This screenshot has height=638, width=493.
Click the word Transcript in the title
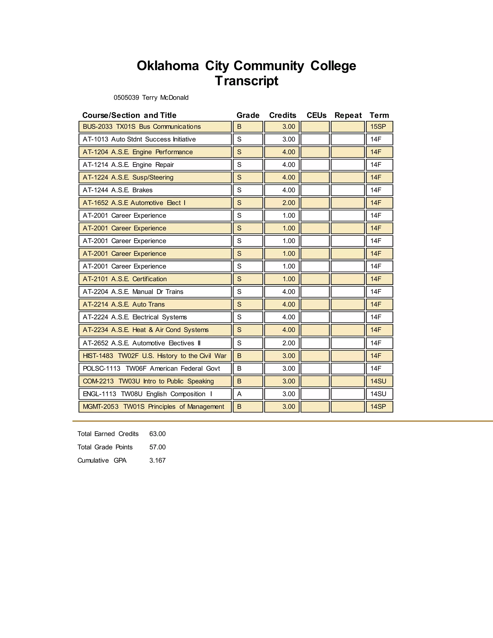point(246,81)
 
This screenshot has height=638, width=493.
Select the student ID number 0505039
point(126,98)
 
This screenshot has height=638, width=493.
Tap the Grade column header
point(248,115)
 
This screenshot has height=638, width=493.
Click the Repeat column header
point(348,115)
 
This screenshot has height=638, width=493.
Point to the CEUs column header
point(316,115)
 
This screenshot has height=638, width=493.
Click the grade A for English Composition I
point(239,394)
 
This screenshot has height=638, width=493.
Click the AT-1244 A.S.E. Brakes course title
point(117,190)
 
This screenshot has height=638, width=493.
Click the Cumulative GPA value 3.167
point(157,461)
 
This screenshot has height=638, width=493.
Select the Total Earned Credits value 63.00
point(157,434)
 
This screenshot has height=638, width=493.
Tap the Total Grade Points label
point(105,447)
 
